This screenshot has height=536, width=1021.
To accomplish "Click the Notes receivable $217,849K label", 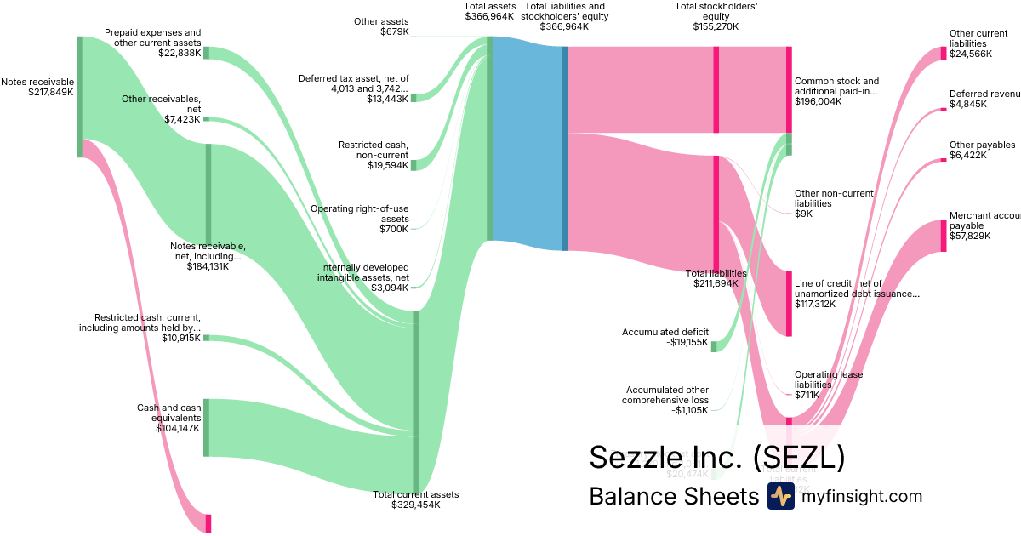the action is point(37,87).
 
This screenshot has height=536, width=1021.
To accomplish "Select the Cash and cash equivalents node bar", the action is point(206,427).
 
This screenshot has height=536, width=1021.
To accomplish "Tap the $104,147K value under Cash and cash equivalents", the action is point(179,428).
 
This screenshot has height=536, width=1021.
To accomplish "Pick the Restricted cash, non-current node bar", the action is point(414,164).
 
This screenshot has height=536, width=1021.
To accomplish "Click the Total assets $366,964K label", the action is point(489,11).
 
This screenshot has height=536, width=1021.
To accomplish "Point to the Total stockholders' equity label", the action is point(716,16).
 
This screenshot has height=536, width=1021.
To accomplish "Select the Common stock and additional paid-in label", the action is point(836,91).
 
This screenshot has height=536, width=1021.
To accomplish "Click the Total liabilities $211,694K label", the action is point(716,278).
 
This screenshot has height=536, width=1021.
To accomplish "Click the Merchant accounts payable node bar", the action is point(943,236).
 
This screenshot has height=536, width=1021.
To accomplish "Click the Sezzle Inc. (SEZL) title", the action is point(716,458).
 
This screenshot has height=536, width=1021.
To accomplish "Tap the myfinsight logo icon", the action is point(780,496).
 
